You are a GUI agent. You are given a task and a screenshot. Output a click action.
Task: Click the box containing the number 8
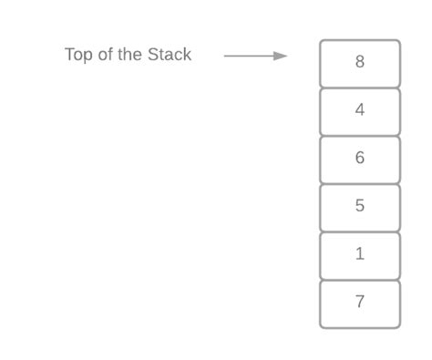point(360,63)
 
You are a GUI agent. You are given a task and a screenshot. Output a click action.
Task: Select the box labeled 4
point(360,111)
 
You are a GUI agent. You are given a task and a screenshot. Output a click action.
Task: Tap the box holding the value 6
point(360,159)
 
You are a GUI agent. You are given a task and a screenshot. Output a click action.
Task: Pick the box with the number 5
point(360,207)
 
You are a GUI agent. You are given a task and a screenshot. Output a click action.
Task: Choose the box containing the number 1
point(360,255)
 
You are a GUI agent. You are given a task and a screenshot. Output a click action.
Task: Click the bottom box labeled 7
point(360,303)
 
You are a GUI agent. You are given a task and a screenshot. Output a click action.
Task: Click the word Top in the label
point(78,55)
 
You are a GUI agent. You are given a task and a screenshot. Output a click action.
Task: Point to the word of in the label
point(106,55)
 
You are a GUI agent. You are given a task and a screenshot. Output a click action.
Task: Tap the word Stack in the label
point(170,55)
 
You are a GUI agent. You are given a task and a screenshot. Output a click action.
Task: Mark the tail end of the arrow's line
point(225,56)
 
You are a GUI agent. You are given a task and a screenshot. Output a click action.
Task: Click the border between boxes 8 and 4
point(360,87)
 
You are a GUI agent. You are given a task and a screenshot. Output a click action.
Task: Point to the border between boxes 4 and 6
point(360,136)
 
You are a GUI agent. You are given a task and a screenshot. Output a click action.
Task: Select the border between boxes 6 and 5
point(360,183)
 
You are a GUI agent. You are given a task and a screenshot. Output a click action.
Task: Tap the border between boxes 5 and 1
point(360,231)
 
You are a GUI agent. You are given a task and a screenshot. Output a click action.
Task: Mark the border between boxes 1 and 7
point(360,280)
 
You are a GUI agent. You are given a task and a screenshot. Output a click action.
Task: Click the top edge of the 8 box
point(360,40)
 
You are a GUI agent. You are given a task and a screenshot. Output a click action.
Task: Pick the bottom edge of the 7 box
point(360,327)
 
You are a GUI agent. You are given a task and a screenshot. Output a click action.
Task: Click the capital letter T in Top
point(69,55)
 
